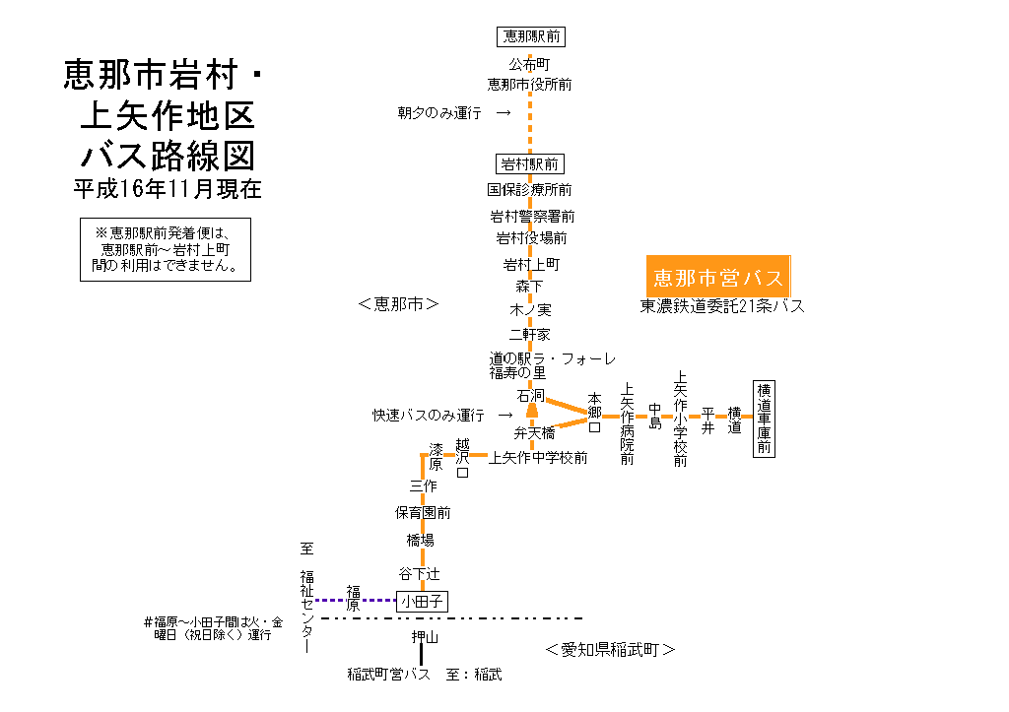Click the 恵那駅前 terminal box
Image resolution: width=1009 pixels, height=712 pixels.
(x=531, y=36)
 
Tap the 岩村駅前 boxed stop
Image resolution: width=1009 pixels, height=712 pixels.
(x=531, y=163)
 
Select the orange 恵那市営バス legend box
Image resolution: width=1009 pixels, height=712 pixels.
(x=718, y=276)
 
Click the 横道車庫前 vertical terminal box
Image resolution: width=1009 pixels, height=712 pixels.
(x=764, y=419)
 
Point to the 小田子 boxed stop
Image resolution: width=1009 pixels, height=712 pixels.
(x=422, y=600)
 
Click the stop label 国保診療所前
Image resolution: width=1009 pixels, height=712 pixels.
(x=530, y=189)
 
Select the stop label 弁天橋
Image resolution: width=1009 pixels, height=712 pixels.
(x=534, y=432)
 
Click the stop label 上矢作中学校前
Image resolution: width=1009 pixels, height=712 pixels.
(x=538, y=457)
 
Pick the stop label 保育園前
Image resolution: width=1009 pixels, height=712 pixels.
(x=423, y=512)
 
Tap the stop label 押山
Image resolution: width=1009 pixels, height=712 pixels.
(x=425, y=638)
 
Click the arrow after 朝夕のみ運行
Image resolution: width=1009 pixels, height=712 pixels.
(x=504, y=113)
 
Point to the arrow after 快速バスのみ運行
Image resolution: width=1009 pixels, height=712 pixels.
(x=504, y=416)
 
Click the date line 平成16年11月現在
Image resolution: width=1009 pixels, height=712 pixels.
(x=168, y=188)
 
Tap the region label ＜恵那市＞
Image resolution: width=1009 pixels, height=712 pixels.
(x=398, y=305)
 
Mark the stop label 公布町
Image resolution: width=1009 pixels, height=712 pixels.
(x=528, y=64)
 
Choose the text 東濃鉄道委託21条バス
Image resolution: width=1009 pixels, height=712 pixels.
(x=722, y=306)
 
